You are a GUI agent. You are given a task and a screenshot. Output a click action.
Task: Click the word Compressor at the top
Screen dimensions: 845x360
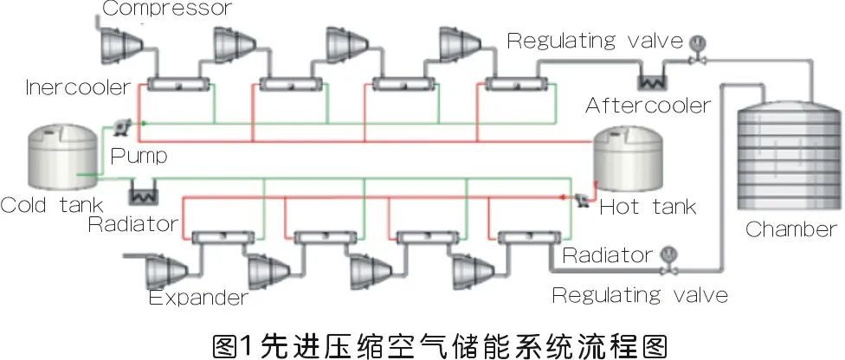(x=167, y=8)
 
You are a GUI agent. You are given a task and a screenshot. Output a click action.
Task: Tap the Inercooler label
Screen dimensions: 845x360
(x=78, y=87)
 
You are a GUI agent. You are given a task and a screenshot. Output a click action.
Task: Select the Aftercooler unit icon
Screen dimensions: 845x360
(x=653, y=81)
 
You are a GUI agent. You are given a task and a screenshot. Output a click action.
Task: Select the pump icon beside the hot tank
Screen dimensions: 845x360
(x=582, y=200)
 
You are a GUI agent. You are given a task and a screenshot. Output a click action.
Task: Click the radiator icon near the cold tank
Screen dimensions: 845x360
(x=144, y=192)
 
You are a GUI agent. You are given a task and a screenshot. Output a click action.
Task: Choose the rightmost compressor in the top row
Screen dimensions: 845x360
(x=460, y=43)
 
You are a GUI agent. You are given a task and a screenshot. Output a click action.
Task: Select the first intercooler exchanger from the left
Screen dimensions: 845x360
(x=179, y=85)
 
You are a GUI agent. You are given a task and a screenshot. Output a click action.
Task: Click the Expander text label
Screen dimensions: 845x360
(x=198, y=297)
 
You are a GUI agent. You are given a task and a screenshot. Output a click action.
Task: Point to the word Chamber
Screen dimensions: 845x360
(x=791, y=229)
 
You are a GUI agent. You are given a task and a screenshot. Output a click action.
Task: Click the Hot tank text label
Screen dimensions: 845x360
(x=648, y=207)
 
